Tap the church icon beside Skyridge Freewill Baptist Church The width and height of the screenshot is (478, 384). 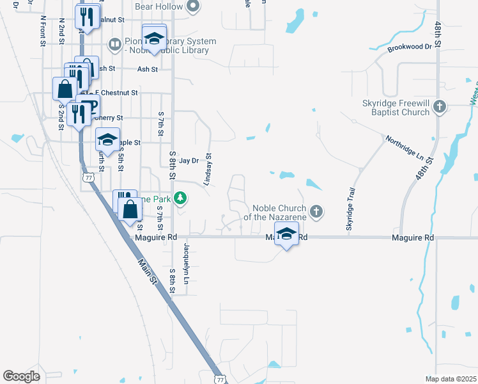click(x=439, y=107)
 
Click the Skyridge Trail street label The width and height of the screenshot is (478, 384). click(x=350, y=210)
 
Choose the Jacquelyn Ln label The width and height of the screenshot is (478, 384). click(x=187, y=263)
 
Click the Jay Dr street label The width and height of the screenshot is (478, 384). click(x=189, y=161)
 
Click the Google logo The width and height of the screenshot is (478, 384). click(x=21, y=376)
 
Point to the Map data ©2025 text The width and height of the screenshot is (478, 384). click(x=451, y=379)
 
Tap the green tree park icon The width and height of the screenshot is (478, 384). click(x=181, y=198)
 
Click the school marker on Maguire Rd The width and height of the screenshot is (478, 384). click(x=287, y=234)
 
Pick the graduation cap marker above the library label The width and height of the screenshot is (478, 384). click(x=154, y=38)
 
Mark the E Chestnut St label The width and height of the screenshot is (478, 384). click(x=115, y=93)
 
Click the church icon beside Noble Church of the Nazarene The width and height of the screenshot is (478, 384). click(x=315, y=211)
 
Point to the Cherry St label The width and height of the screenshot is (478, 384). click(x=109, y=118)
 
